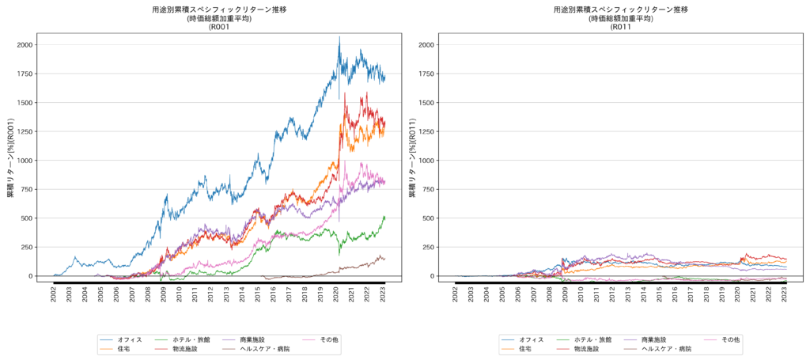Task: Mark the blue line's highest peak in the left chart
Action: pos(339,36)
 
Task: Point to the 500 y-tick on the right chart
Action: pos(428,218)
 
